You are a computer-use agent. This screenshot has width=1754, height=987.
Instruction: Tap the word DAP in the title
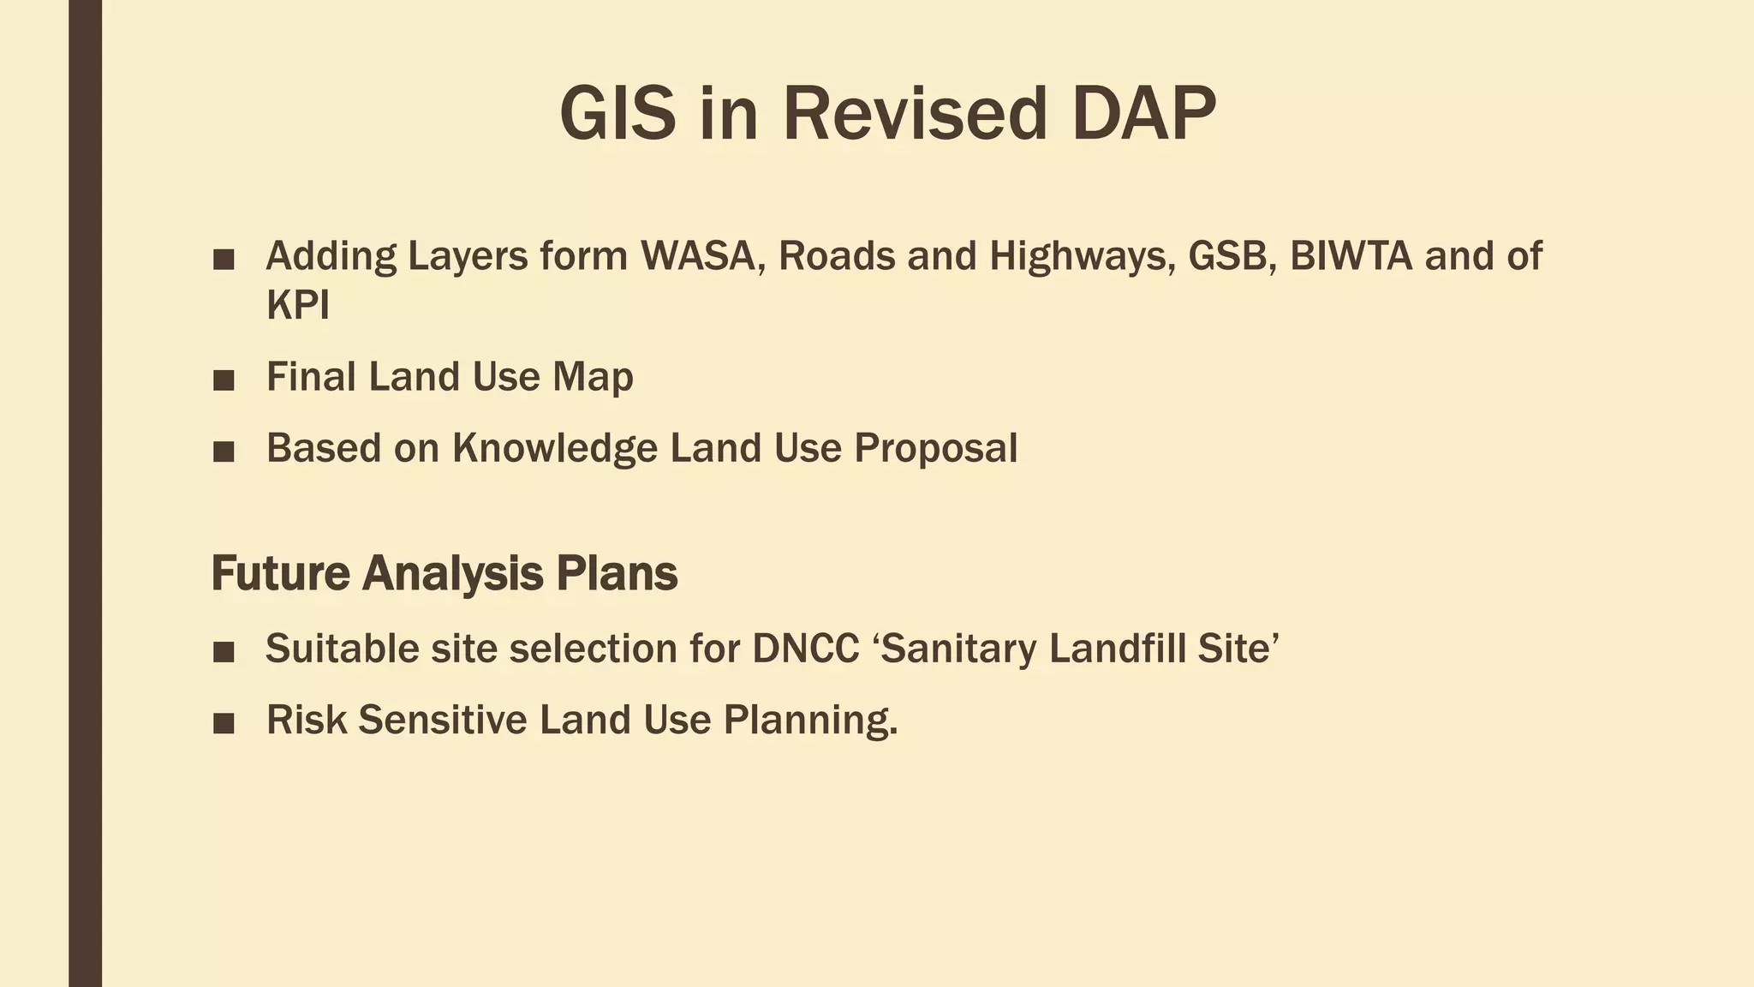click(1143, 114)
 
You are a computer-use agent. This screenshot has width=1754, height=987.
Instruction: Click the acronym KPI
click(297, 305)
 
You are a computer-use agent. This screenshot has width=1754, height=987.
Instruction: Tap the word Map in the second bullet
click(593, 377)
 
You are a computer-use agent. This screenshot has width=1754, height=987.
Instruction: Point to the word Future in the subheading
click(280, 573)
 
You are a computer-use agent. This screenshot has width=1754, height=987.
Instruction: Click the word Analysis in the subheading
click(452, 573)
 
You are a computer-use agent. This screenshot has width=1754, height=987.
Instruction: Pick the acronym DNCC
click(806, 649)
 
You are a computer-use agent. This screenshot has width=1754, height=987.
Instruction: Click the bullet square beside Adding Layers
click(224, 260)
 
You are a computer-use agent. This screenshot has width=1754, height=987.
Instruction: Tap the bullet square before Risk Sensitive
click(224, 723)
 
